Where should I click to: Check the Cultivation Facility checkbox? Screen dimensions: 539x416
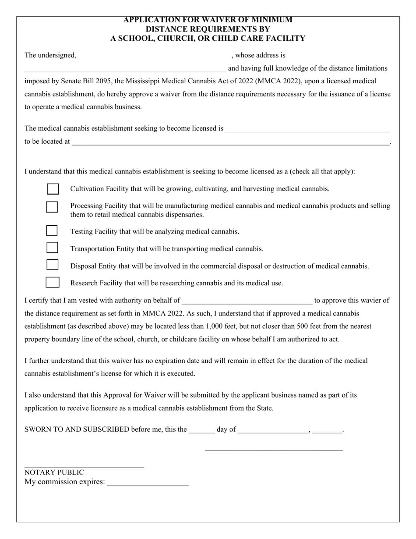53,189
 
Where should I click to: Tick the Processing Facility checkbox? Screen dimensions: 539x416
52,207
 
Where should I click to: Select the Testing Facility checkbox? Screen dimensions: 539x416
52,231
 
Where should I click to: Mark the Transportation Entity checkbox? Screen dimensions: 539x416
52,248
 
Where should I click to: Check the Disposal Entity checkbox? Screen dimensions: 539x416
52,265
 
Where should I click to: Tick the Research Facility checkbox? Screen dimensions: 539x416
52,282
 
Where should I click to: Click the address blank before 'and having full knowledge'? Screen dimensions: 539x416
125,69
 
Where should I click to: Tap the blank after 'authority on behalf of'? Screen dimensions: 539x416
247,301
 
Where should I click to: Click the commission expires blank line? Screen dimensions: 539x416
148,483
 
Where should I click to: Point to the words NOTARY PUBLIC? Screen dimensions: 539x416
54,472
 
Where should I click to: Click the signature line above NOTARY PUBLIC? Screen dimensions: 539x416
84,467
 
